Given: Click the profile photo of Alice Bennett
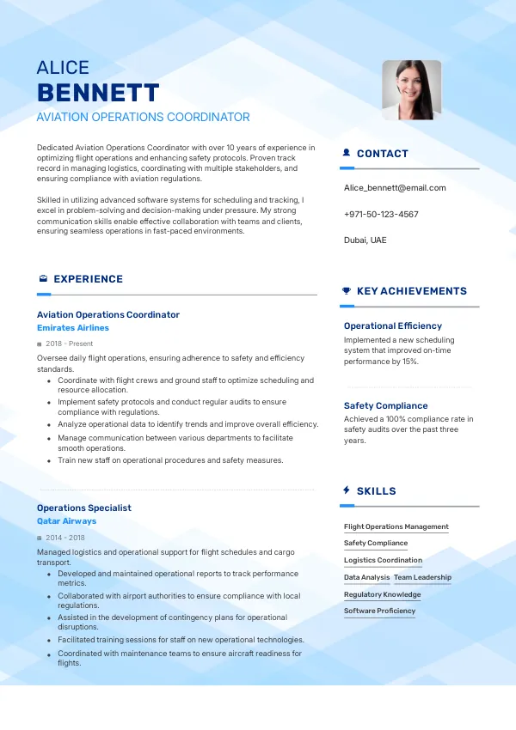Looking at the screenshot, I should click(411, 89).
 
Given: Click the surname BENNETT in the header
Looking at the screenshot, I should click(98, 93).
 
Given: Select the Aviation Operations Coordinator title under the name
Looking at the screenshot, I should click(144, 117).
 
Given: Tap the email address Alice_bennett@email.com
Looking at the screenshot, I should click(395, 187).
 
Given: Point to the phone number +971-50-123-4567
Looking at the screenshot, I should click(381, 214).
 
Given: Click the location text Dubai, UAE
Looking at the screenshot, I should click(365, 240).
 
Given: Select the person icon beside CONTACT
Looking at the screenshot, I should click(347, 153).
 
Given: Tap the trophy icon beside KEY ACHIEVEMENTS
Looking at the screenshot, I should click(347, 290).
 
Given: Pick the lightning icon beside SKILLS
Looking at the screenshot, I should click(347, 490).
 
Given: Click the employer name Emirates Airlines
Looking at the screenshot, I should click(73, 327).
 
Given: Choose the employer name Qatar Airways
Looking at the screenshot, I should click(66, 520).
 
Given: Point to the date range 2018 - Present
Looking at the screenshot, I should click(70, 344).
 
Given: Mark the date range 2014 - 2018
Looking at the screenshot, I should click(66, 537).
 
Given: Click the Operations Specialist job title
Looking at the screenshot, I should click(84, 508).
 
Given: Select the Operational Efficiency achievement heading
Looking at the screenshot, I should click(393, 325).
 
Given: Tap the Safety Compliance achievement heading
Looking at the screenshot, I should click(385, 405).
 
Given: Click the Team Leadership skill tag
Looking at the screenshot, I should click(422, 577).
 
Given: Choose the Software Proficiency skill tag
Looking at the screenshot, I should click(379, 611).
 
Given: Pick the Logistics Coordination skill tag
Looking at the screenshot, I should click(383, 560).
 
